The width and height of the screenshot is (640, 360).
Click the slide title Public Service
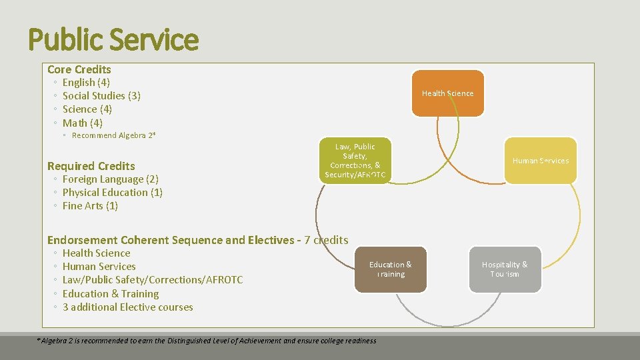click(113, 39)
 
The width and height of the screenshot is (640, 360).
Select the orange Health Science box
click(447, 93)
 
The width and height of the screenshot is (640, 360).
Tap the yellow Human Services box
click(540, 161)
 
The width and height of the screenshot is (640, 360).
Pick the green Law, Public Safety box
click(355, 161)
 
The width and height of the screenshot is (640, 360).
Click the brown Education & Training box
click(390, 269)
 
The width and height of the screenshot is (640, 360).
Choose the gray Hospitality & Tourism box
click(504, 269)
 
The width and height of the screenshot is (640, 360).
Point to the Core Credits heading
click(79, 69)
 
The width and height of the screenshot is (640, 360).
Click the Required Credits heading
click(91, 166)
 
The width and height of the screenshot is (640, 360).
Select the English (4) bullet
click(87, 83)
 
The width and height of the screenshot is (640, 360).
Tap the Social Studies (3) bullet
click(101, 96)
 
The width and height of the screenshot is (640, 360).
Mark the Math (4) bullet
click(83, 123)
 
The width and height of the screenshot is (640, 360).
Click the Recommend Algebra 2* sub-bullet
click(113, 135)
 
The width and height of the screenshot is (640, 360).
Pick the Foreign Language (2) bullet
click(110, 179)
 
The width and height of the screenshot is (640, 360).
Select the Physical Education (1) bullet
click(113, 193)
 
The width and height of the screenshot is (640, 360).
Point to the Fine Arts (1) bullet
click(90, 206)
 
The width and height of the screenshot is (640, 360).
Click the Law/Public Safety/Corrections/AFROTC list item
click(153, 280)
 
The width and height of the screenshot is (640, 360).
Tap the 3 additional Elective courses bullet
click(128, 307)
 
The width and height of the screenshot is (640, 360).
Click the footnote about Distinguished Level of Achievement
click(207, 341)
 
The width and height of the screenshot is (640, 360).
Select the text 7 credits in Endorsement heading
click(326, 240)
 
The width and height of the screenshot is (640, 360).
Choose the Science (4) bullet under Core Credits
click(87, 109)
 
